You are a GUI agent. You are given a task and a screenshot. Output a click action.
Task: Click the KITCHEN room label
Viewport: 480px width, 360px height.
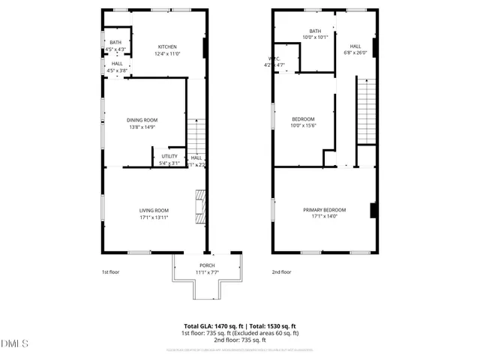166,46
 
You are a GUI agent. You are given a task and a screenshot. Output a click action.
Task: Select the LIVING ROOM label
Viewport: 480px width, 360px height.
154,210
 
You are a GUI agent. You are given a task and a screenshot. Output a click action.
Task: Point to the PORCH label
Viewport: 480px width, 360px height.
207,265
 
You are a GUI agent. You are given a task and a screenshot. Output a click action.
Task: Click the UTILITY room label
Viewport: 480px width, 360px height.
169,156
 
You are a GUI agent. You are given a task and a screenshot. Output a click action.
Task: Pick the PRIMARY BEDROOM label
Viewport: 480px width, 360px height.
324,210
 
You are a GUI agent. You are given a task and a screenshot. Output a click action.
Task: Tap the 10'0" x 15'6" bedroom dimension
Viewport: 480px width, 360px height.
303,126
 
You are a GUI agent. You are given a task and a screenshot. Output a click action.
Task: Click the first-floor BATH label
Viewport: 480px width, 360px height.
115,43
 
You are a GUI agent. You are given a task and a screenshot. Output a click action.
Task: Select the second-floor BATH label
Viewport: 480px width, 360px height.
315,31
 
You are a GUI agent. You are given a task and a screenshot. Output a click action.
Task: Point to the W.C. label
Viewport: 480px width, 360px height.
275,58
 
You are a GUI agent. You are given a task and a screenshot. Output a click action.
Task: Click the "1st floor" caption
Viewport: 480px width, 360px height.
110,272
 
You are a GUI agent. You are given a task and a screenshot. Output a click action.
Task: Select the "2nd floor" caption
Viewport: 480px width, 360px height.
281,272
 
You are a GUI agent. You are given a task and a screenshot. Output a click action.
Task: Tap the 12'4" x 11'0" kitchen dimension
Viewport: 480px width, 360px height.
166,54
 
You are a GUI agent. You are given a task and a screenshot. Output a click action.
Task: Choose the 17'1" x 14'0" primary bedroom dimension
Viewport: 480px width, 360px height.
324,217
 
